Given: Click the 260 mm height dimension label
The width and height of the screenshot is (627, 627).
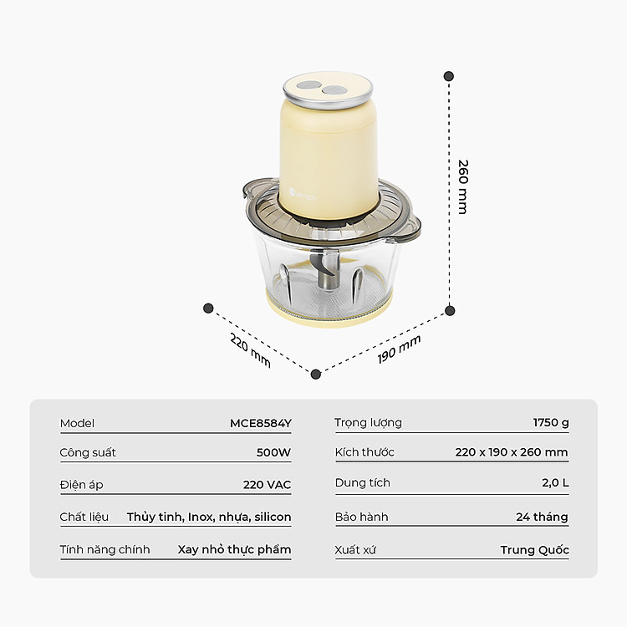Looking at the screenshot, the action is (x=462, y=186).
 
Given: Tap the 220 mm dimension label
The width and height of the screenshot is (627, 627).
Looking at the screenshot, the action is (x=250, y=349).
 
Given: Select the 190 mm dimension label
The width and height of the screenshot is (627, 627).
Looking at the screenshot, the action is (x=399, y=349).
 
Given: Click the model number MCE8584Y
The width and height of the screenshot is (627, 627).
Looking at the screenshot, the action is (x=261, y=423).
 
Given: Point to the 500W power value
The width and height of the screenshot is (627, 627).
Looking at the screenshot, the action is (x=273, y=452).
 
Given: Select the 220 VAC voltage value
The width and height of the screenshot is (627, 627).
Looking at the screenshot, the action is (x=267, y=485).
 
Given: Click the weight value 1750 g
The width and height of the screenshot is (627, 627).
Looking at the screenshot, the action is (x=551, y=423).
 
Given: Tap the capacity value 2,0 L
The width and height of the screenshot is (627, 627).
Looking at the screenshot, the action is (x=555, y=482).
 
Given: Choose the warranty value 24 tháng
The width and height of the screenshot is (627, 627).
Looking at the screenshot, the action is (x=542, y=517).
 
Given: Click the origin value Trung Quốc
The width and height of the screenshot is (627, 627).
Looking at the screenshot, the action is (x=535, y=550).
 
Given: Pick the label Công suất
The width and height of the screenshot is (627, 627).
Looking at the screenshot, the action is (x=88, y=452).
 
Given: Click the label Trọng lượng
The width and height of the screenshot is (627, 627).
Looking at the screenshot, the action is (x=368, y=423).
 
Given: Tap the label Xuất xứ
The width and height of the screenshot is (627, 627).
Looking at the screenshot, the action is (x=355, y=550).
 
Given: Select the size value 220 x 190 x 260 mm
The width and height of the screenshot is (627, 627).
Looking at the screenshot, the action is (x=512, y=452).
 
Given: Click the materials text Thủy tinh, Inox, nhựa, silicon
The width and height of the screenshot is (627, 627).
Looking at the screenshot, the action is (x=209, y=517).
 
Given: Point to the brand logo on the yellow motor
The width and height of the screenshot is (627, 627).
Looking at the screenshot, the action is (x=303, y=196).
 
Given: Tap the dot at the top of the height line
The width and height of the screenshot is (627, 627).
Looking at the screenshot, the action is (x=449, y=76).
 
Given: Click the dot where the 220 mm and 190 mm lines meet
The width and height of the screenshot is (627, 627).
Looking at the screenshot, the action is (x=316, y=375).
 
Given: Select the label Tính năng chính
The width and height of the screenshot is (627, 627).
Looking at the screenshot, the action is (x=104, y=549).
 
